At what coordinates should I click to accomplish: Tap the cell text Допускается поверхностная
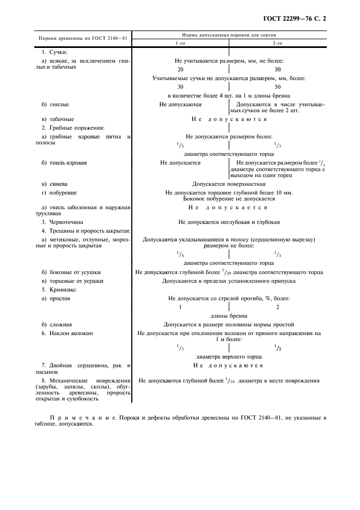point(229,184)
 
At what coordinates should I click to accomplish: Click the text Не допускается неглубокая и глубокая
point(229,222)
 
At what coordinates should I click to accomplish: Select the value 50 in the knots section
point(277,87)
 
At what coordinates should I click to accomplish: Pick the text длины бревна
point(229,315)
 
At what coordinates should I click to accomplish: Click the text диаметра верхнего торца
point(229,355)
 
